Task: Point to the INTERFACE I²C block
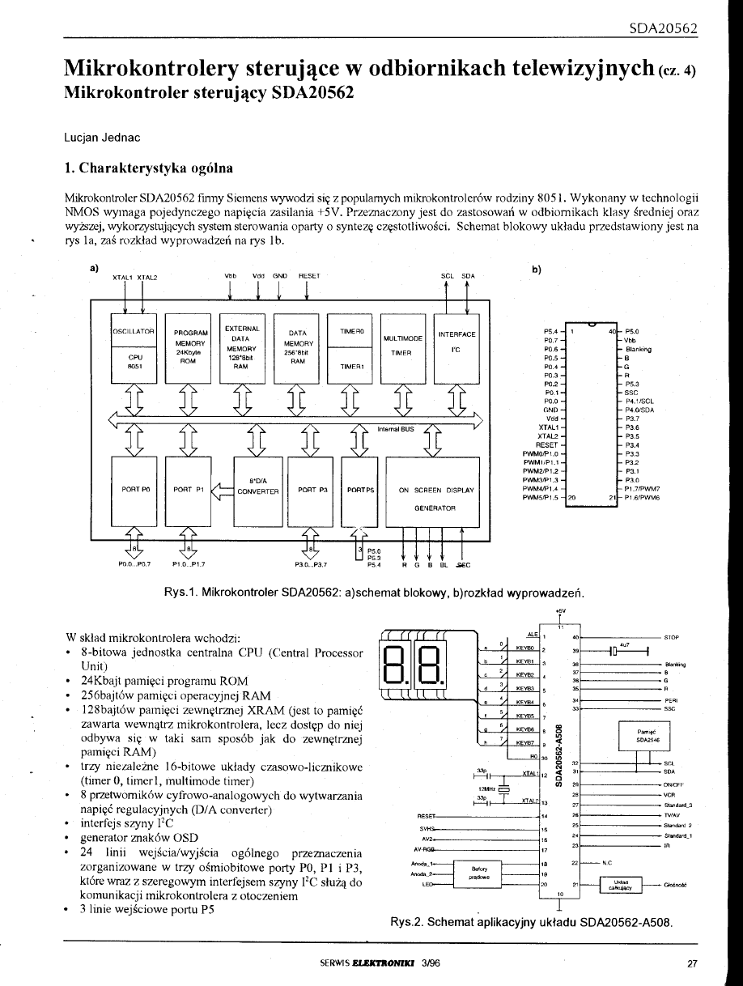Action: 456,347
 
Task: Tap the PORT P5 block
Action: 360,490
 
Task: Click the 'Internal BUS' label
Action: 395,430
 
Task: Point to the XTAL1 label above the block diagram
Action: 123,277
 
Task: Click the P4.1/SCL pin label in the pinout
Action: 640,401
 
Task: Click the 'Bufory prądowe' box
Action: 476,872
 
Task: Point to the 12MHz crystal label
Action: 486,788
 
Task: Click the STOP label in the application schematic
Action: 671,615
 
